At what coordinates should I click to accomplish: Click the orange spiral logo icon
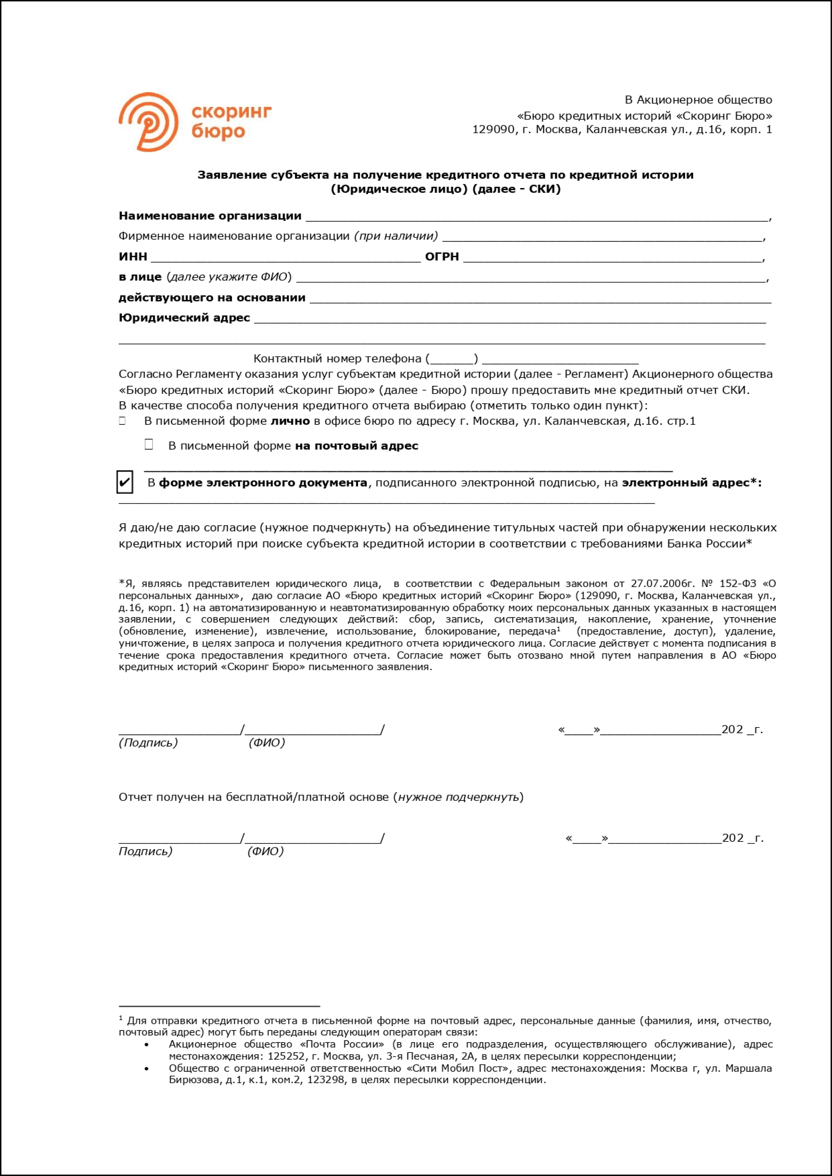tap(149, 122)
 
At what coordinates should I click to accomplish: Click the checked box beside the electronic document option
tap(124, 482)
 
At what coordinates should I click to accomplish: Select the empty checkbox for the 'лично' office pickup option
tap(122, 421)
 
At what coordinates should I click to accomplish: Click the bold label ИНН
tap(133, 257)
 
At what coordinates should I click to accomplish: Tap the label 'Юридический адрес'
tap(184, 317)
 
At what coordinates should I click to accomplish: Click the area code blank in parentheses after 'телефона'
tap(453, 359)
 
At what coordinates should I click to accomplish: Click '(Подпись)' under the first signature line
tap(148, 743)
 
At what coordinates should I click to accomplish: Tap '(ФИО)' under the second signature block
tap(265, 851)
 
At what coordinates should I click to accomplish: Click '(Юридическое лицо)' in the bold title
tap(399, 189)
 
